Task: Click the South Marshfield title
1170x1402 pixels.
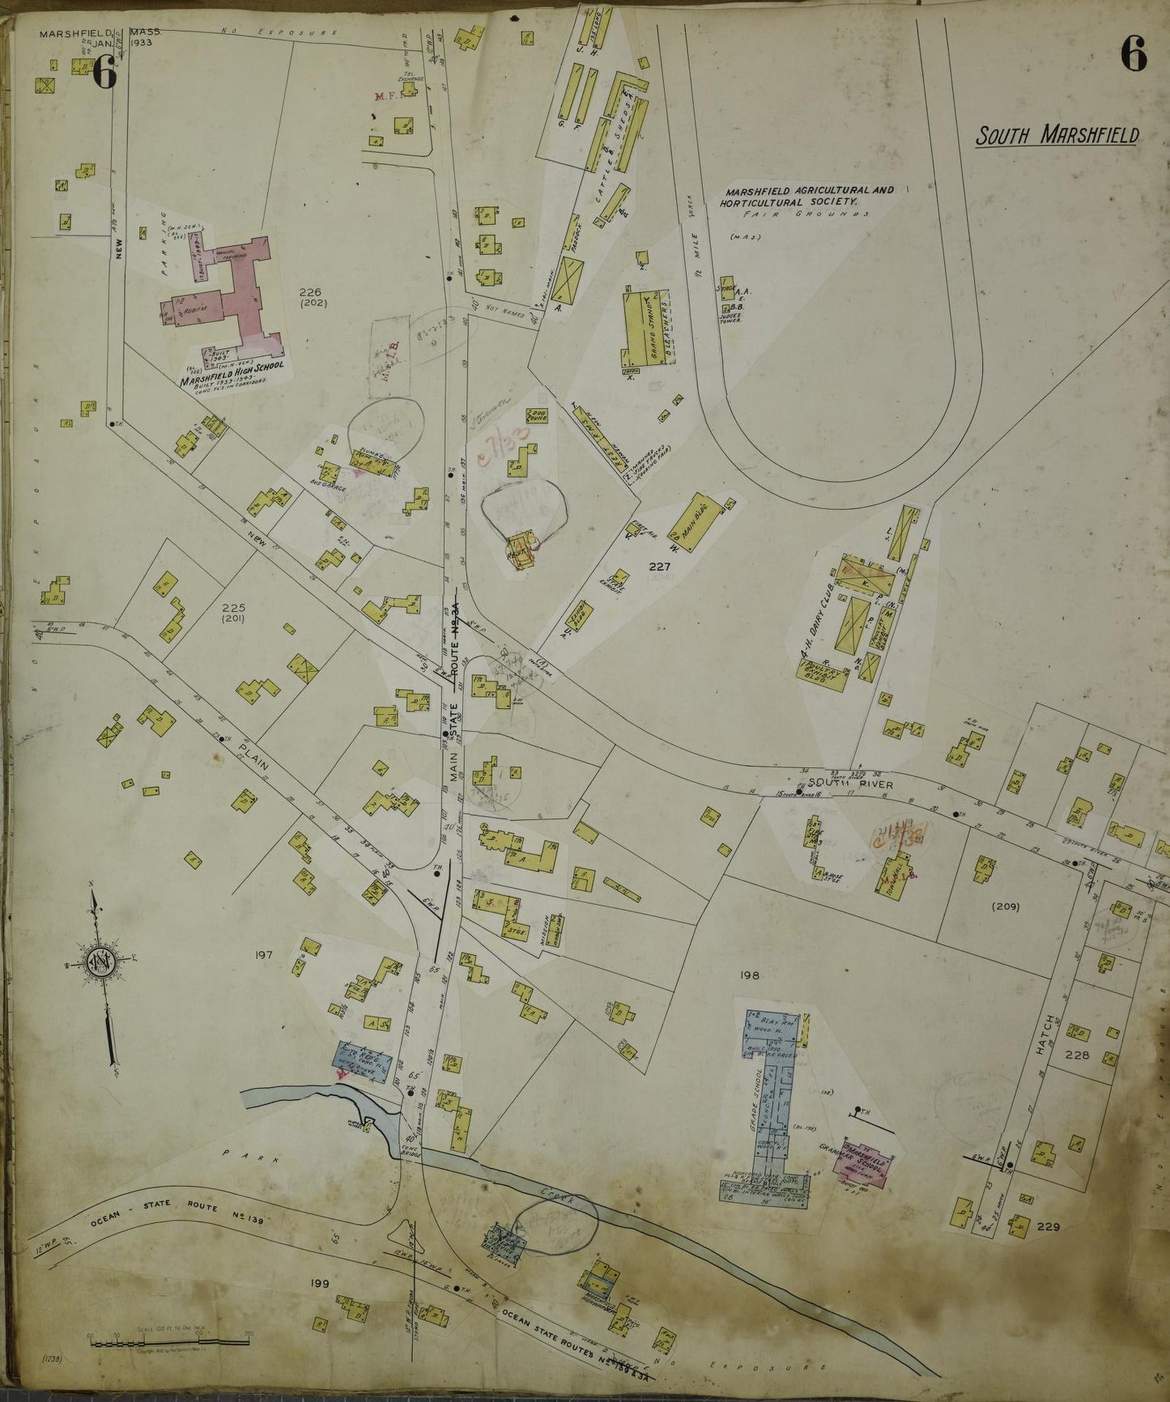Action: pos(1056,134)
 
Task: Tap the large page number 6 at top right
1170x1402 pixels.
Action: pos(1134,56)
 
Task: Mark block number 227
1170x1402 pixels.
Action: pos(658,567)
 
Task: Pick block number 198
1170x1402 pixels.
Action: pos(749,975)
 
